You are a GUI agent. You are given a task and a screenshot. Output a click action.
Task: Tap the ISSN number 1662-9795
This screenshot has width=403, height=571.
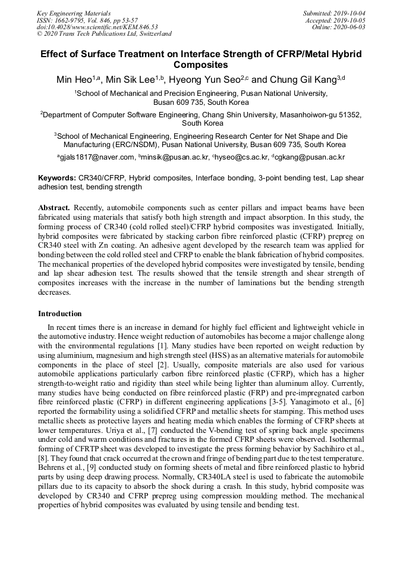click(x=73, y=20)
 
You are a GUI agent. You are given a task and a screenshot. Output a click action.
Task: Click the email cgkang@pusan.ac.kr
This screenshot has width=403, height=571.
click(x=310, y=157)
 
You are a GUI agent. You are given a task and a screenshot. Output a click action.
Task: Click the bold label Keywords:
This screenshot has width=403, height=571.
click(x=57, y=178)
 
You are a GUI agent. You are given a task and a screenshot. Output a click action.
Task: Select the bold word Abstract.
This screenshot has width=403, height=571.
click(x=54, y=208)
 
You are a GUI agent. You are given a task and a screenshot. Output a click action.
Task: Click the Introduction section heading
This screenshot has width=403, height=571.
click(x=60, y=314)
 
